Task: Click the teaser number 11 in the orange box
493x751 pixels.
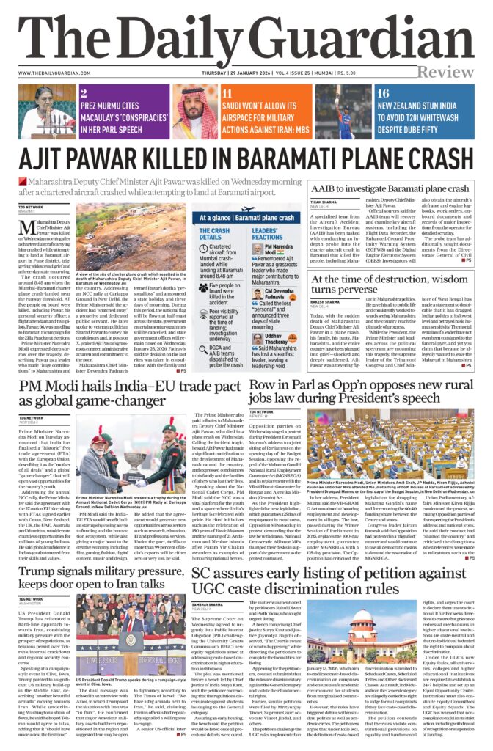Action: pyautogui.click(x=227, y=93)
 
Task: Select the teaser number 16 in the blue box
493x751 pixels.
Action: pyautogui.click(x=382, y=93)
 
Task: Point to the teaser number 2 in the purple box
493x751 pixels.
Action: pyautogui.click(x=84, y=93)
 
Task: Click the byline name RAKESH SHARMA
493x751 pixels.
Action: pyautogui.click(x=326, y=301)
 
